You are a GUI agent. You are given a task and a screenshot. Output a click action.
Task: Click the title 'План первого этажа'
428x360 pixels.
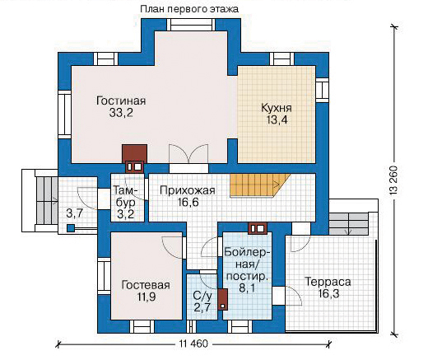coord(189,9)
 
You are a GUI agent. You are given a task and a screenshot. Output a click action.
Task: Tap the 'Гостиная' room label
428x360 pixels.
coord(121,101)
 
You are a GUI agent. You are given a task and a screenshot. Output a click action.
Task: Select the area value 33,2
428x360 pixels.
coord(121,113)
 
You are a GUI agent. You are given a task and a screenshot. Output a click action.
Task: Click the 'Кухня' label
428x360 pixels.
coord(277,108)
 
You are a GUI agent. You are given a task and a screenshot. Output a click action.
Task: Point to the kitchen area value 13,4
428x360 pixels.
coord(277,120)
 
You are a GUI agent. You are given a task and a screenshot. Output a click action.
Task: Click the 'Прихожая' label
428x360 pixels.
coord(188,190)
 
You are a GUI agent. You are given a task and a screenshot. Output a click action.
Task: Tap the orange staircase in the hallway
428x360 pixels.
coord(260,185)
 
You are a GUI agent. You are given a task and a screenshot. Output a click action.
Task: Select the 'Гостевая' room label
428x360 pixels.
coord(146,285)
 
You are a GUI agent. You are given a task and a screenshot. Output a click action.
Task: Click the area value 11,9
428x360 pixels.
coord(147,297)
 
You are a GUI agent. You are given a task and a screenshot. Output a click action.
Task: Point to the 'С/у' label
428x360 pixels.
coord(202,296)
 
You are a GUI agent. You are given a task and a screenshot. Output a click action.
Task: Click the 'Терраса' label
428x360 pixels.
coord(328,282)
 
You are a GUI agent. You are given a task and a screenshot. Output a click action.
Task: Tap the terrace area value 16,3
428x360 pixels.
coord(328,294)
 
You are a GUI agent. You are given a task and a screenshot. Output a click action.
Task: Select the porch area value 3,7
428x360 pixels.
coord(74,213)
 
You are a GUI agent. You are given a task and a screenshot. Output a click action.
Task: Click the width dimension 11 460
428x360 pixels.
coord(193,344)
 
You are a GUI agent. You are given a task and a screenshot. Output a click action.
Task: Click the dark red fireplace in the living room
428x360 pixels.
coord(134,159)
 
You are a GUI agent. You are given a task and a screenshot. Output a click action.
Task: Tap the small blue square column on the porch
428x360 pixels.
coord(71,228)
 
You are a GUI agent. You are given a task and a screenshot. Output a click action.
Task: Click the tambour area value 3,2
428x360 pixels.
coord(126,214)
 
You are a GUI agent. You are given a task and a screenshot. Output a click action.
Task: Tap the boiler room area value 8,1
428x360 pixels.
coord(247,288)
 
